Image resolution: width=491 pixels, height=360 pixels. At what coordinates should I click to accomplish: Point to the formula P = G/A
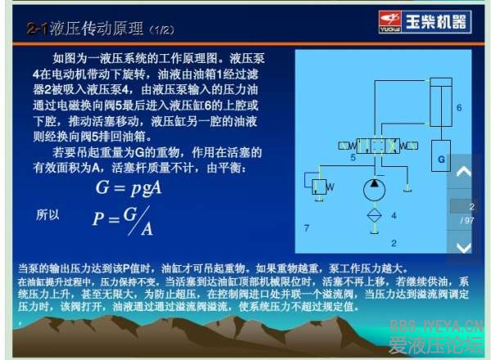[123, 219]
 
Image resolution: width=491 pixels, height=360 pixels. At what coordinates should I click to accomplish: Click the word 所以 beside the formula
[48, 214]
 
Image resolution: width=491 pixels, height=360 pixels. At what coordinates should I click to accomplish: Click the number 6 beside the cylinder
[459, 107]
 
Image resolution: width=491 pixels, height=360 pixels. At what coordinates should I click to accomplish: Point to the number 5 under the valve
[353, 156]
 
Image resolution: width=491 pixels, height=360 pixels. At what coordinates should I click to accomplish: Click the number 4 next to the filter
[394, 215]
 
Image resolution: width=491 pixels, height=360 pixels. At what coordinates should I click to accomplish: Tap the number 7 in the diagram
[306, 227]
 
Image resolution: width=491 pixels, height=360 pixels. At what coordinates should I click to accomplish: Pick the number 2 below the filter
[394, 243]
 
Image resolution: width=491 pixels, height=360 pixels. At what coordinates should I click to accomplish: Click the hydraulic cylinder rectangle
[440, 97]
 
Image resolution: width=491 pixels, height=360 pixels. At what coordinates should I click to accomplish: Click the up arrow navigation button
[464, 173]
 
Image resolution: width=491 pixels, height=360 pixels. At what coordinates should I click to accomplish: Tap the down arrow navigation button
[464, 246]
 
